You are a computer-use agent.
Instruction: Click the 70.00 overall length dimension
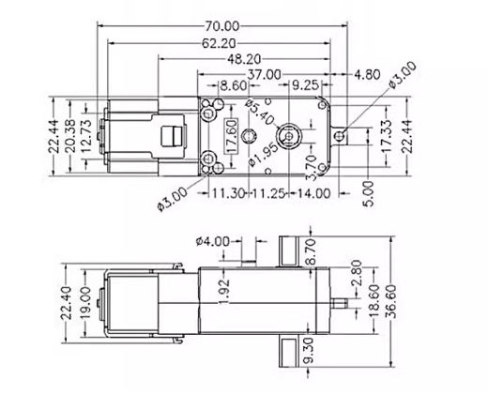point(221,25)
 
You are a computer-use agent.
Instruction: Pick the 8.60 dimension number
point(232,85)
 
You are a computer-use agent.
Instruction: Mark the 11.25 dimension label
point(267,193)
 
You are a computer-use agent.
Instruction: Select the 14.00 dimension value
point(312,193)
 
